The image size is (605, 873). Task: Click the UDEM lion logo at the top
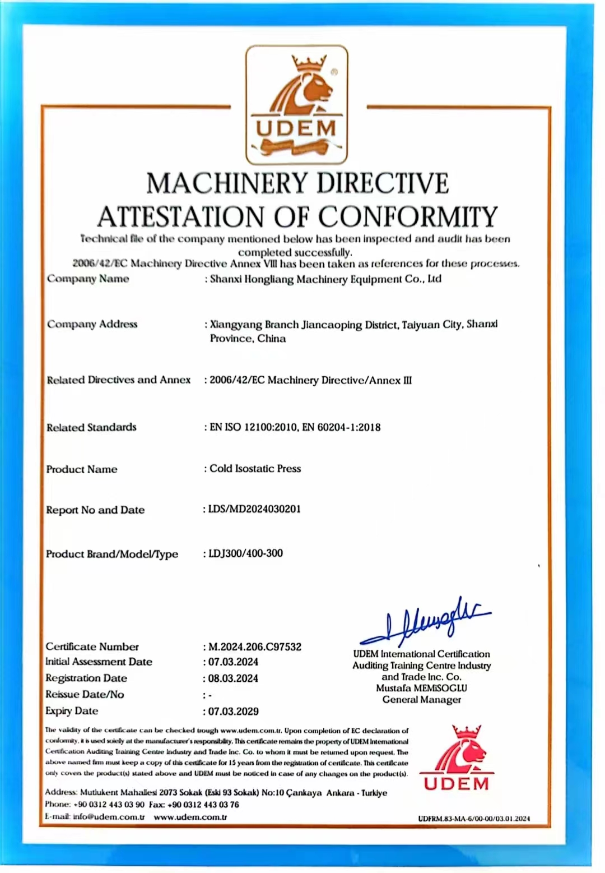click(x=296, y=105)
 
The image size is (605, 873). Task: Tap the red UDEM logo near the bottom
click(x=457, y=758)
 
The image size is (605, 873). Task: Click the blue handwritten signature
click(x=426, y=621)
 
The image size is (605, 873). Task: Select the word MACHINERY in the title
click(x=227, y=183)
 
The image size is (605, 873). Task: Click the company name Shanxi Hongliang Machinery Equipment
click(x=325, y=279)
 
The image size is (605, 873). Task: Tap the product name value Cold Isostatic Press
click(x=255, y=468)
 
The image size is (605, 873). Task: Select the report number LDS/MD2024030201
click(x=254, y=509)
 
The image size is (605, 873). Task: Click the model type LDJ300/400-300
click(x=245, y=553)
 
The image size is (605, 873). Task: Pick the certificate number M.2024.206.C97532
click(x=255, y=646)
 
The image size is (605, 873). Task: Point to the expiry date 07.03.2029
click(x=233, y=711)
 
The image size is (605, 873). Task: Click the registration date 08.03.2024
click(x=233, y=678)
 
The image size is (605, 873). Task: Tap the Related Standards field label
click(x=91, y=427)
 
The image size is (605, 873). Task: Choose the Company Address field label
click(x=92, y=324)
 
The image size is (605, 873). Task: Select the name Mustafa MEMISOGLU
click(x=421, y=688)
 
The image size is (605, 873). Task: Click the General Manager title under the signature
click(x=421, y=700)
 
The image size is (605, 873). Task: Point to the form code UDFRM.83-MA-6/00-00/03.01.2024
click(x=473, y=819)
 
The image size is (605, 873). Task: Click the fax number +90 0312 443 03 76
click(x=203, y=805)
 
